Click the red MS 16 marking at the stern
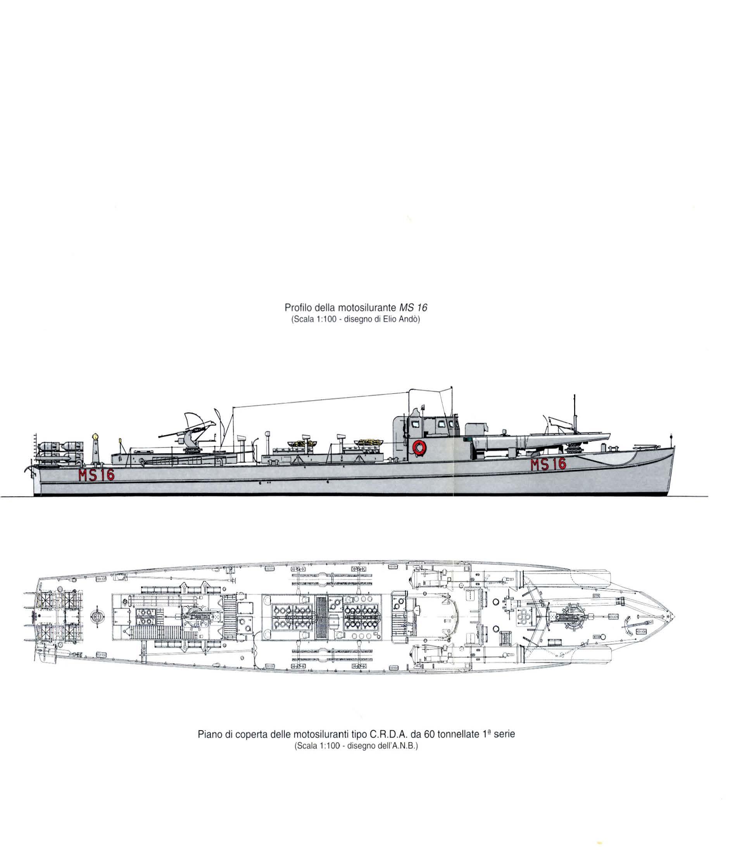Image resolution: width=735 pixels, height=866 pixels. [x=96, y=475]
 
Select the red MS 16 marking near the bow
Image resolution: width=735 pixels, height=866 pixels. [x=547, y=464]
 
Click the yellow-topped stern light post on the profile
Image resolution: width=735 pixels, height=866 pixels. [x=95, y=448]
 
